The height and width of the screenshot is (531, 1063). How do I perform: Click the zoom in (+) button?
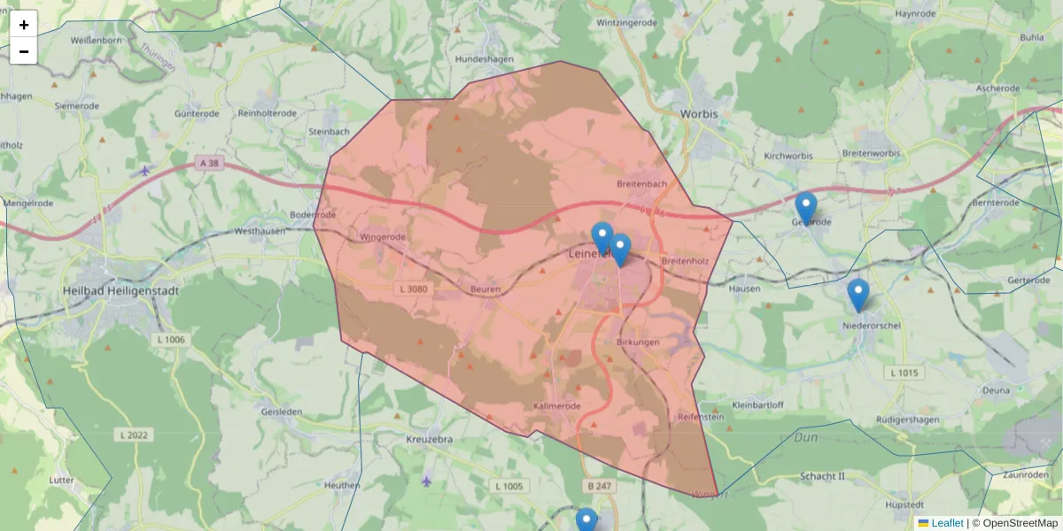(24, 25)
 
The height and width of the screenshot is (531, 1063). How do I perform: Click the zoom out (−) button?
(24, 51)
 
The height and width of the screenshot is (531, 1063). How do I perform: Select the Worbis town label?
(699, 114)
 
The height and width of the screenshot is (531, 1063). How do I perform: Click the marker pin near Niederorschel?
(857, 296)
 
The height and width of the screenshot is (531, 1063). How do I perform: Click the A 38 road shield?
(209, 163)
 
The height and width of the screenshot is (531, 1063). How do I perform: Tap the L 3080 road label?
(414, 289)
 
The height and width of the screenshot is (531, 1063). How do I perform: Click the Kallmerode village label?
(557, 406)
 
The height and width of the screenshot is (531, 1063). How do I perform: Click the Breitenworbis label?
(871, 153)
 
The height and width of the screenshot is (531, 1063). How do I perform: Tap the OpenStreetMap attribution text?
(1019, 523)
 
